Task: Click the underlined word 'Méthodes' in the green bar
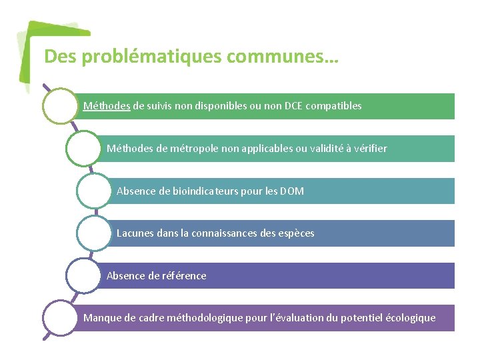click(107, 106)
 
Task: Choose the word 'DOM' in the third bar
click(291, 191)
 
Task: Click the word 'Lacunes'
click(135, 233)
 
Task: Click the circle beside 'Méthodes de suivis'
click(60, 106)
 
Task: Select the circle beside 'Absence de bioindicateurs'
click(94, 191)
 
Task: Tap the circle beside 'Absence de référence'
click(83, 275)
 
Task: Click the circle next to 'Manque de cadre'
click(60, 318)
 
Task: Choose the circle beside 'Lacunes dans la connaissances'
click(94, 233)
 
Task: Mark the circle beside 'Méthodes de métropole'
click(83, 148)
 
